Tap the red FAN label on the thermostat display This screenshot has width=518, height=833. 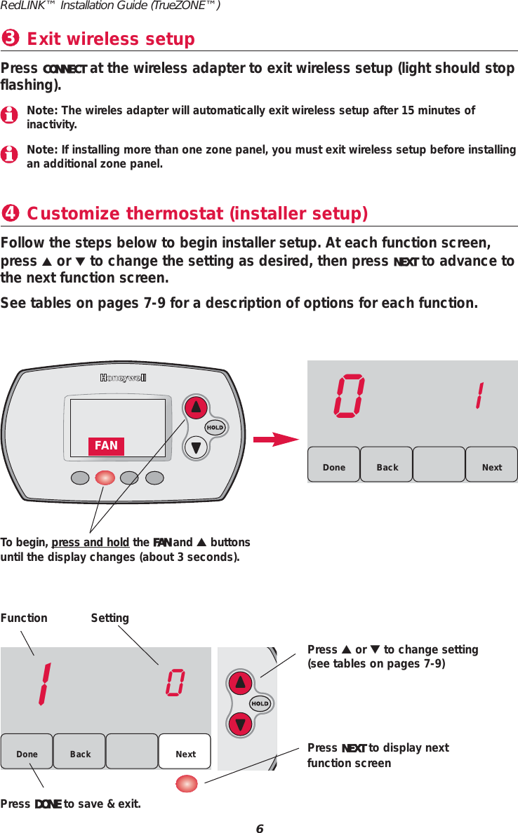tap(106, 445)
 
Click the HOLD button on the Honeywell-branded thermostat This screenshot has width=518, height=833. tap(215, 428)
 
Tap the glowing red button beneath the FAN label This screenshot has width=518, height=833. tap(105, 478)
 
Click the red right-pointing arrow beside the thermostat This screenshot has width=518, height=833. tap(277, 440)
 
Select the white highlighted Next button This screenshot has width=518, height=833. tap(185, 752)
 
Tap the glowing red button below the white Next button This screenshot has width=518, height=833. tap(186, 783)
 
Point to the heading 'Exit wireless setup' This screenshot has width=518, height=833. tap(110, 39)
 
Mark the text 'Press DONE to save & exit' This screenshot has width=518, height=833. tap(70, 804)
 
